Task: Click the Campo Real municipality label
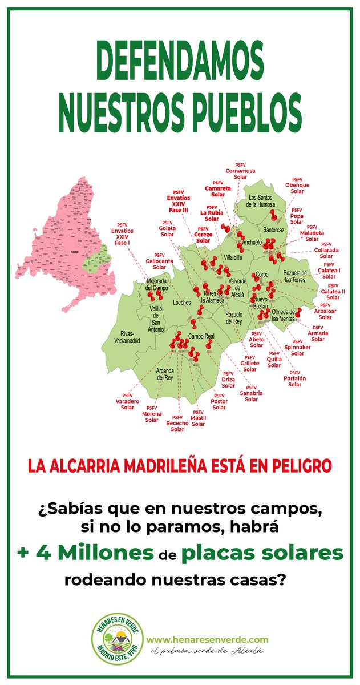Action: click(x=201, y=336)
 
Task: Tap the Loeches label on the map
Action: click(x=181, y=302)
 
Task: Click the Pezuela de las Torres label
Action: click(x=295, y=277)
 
